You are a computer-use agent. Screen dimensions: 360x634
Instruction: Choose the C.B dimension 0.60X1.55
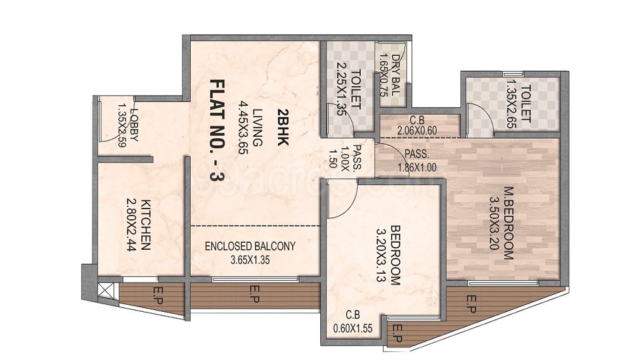point(353,330)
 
